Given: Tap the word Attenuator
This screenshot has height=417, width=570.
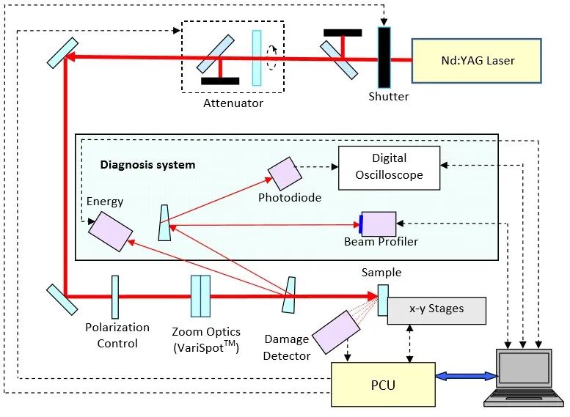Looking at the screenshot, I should click(233, 103).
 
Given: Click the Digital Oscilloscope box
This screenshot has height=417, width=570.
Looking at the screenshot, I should click(389, 167).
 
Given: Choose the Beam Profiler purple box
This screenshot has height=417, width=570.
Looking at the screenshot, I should click(379, 224).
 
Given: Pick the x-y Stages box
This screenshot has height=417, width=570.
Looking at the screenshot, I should click(436, 310).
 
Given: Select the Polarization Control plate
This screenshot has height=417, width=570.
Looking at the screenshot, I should click(115, 297).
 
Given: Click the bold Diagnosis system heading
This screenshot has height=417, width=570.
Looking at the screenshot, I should click(147, 165).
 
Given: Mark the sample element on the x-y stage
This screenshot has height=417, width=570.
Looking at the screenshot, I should click(382, 300).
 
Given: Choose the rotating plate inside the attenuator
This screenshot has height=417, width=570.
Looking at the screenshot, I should click(257, 58).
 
